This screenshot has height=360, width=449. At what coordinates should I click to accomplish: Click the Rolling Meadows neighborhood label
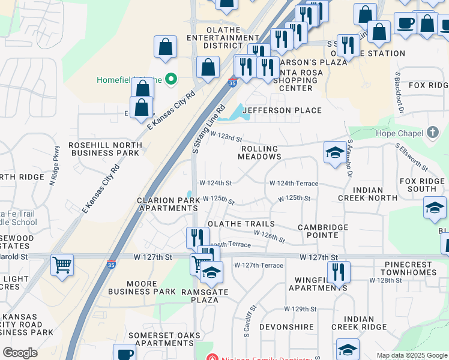[259, 152]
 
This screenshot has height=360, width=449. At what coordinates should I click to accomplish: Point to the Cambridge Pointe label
[324, 231]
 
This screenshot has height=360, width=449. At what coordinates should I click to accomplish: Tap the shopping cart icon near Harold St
[62, 264]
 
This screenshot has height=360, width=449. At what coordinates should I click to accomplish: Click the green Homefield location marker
[170, 79]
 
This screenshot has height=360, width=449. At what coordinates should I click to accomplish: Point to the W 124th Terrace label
[294, 183]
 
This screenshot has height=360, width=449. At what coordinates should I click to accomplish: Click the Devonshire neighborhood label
[286, 327]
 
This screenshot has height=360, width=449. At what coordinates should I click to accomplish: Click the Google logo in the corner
[20, 353]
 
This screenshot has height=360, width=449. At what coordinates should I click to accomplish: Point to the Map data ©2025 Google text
[411, 355]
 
